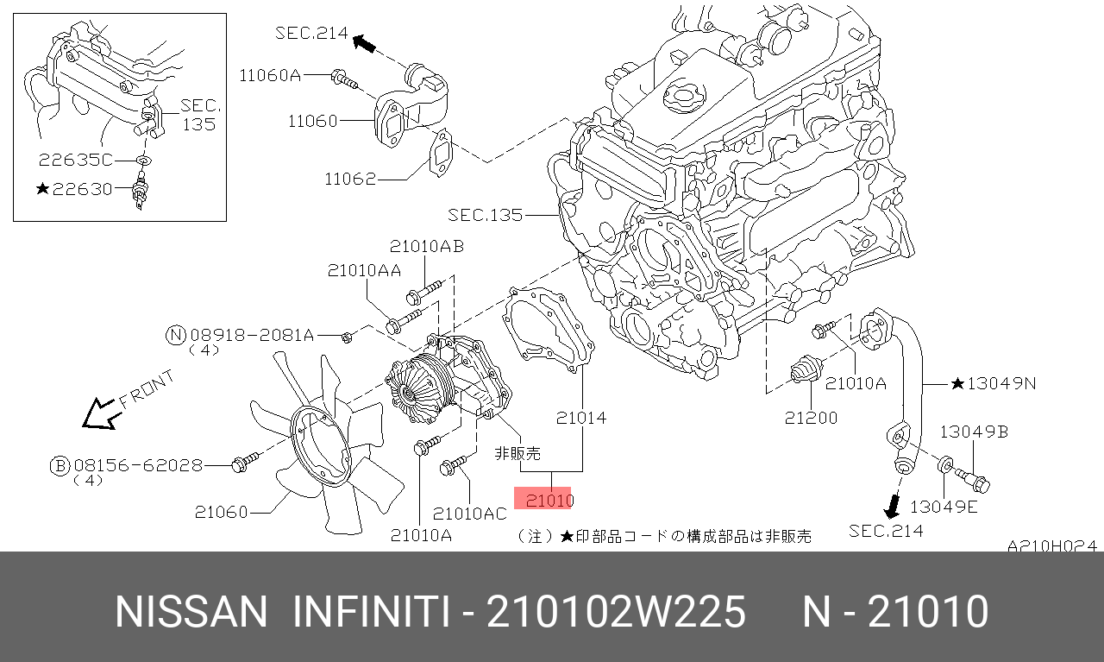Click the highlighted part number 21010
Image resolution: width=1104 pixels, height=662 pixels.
coord(549,501)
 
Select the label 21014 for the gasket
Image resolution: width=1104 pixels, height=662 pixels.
coord(581,418)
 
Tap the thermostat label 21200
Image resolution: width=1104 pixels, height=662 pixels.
coord(811,418)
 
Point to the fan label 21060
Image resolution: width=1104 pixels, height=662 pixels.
coord(221,512)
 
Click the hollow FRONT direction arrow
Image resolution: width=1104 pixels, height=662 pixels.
coord(102,414)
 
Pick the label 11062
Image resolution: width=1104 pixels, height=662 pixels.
coord(350,179)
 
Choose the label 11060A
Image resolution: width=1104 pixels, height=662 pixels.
coord(270,75)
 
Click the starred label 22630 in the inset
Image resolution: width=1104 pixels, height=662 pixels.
coord(75,189)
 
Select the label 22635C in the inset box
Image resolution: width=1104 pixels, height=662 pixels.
coord(76,160)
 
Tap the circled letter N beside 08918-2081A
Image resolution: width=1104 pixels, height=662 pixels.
coord(176,335)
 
